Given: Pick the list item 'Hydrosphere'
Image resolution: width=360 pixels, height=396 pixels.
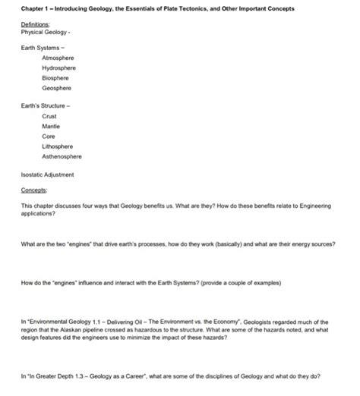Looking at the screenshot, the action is [60, 67].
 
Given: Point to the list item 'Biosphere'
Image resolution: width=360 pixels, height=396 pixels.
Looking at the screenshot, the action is [57, 77].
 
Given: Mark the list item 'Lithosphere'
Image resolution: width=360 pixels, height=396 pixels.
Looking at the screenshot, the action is [59, 146].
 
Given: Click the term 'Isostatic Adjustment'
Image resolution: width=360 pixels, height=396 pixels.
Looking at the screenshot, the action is [48, 174].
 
